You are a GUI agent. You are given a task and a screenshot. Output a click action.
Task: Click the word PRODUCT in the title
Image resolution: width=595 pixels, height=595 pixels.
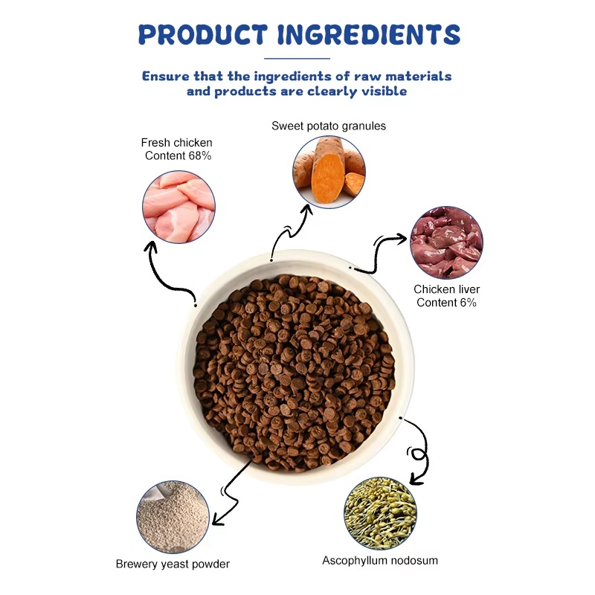203,34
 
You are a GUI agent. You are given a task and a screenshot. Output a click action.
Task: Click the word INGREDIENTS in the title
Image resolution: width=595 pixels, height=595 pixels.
367,34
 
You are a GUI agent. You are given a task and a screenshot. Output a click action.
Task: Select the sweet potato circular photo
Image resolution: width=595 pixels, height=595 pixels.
328,172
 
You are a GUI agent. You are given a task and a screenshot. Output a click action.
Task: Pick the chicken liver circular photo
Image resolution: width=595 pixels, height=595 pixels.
446,243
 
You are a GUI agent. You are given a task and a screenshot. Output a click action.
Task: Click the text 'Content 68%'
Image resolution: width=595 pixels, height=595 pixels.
178,155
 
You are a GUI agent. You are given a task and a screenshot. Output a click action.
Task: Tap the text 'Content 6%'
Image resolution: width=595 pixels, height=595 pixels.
446,303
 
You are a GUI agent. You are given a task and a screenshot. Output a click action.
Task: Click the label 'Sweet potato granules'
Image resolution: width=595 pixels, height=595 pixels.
328,126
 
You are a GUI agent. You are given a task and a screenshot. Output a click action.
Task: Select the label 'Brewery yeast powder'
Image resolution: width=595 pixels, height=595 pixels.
173,564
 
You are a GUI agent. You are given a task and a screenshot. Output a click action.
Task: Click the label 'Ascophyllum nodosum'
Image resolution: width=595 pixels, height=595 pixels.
379,560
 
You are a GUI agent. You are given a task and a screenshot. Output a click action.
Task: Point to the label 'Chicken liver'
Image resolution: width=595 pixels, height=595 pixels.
447,289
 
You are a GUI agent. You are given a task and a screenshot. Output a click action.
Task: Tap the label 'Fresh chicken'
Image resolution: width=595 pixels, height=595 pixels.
176,142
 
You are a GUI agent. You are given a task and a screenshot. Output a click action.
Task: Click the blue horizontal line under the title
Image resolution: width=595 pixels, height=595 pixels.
297,58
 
